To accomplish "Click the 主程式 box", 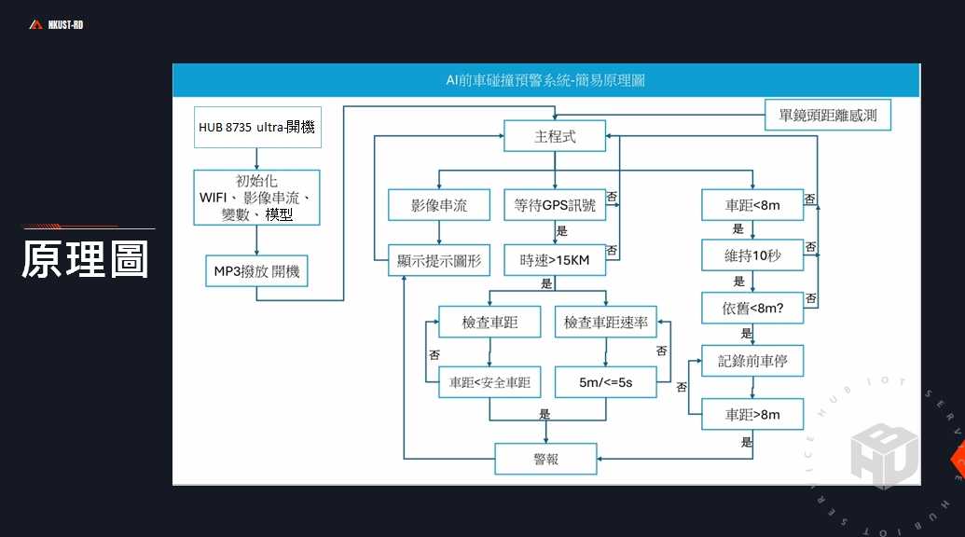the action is (x=555, y=136).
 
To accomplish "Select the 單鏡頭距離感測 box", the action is (x=828, y=115).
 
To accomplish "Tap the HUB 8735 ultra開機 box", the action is (x=257, y=128).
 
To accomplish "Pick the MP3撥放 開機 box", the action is (x=256, y=271).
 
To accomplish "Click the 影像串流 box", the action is (x=439, y=205).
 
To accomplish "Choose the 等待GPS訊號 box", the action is (x=555, y=205).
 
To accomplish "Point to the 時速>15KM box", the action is (x=555, y=260).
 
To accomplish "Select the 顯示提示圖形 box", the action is (x=439, y=260).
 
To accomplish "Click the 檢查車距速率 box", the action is (x=606, y=322).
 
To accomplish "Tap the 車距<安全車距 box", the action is (x=489, y=382).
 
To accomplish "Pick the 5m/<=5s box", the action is (x=606, y=382).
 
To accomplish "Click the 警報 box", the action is (x=545, y=459).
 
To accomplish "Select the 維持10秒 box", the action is (x=752, y=255).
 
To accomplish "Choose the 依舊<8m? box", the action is (x=752, y=309).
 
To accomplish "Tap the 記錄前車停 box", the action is (x=752, y=361).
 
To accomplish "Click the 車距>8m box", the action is (x=752, y=414).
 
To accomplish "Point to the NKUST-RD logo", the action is (x=56, y=24).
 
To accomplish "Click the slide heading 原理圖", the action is (x=85, y=259).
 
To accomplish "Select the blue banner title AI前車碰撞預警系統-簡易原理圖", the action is (x=545, y=80).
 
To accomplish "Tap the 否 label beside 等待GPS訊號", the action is (x=612, y=196).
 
